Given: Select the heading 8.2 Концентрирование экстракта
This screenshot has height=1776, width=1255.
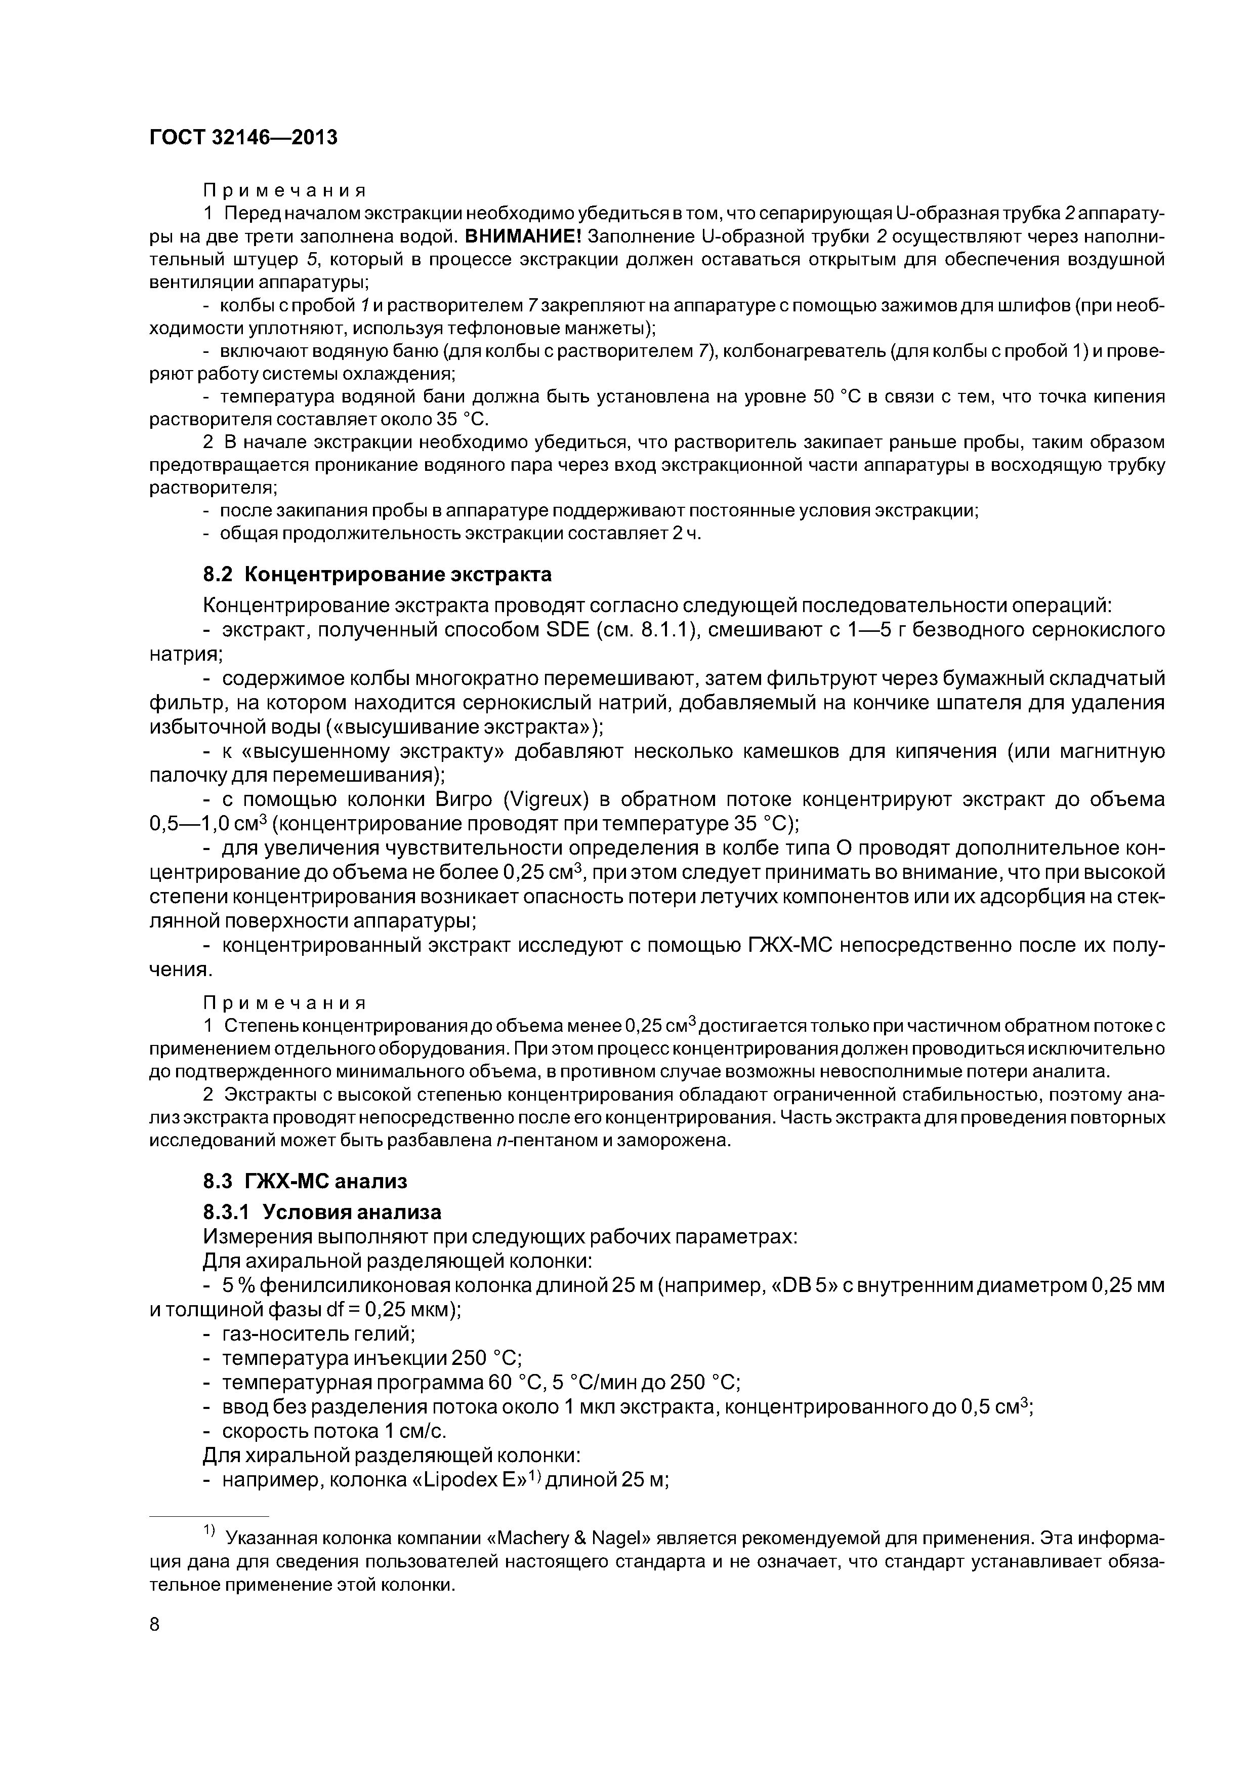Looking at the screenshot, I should [x=378, y=574].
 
